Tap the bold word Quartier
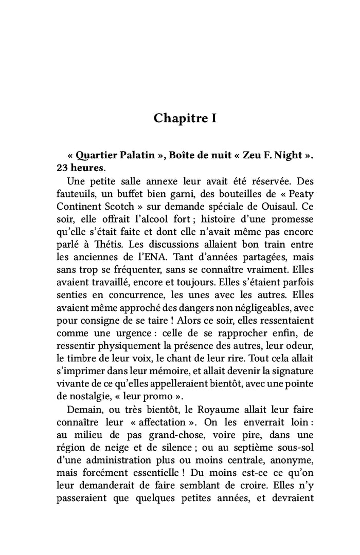point(97,155)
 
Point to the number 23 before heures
point(62,168)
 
